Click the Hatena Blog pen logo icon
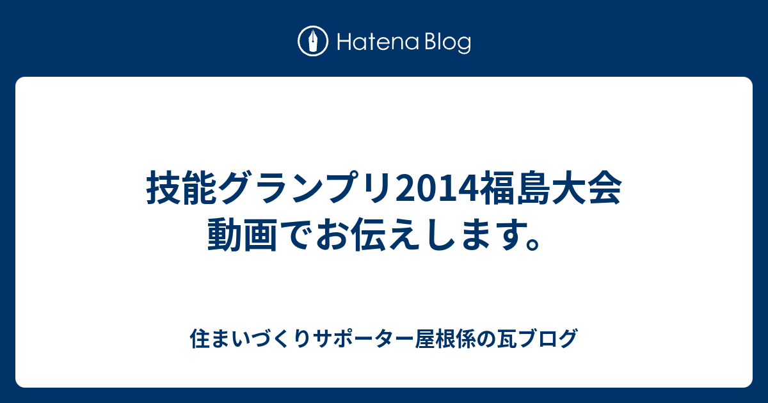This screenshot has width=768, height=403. click(x=313, y=41)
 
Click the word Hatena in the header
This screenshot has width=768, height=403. click(x=378, y=42)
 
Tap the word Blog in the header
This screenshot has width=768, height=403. click(x=448, y=44)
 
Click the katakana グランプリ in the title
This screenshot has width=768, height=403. click(x=306, y=188)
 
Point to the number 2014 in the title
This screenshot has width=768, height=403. click(x=436, y=189)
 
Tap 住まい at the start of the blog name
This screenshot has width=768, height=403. click(x=220, y=338)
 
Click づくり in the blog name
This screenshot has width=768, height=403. click(x=281, y=338)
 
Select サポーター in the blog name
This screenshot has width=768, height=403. click(x=363, y=338)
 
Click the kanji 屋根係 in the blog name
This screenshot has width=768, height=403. click(x=445, y=338)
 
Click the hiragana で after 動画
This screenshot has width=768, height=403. click(x=296, y=235)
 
